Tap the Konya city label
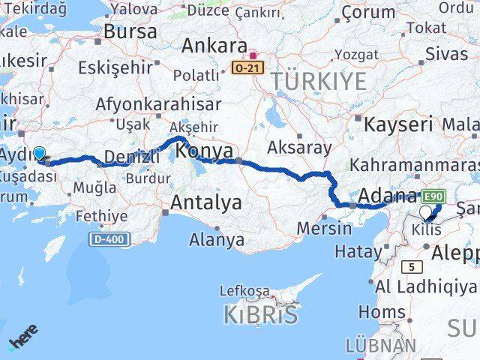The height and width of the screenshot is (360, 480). (204, 151)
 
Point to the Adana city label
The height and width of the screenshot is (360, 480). (388, 196)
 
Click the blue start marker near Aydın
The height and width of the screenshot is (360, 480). (39, 153)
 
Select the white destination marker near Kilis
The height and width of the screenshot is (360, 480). (426, 212)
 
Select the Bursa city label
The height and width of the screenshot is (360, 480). (130, 31)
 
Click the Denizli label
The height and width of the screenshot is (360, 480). (133, 157)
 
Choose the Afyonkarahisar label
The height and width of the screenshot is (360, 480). (159, 105)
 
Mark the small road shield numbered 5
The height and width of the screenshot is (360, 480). (411, 266)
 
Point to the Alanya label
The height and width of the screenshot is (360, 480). (217, 240)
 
